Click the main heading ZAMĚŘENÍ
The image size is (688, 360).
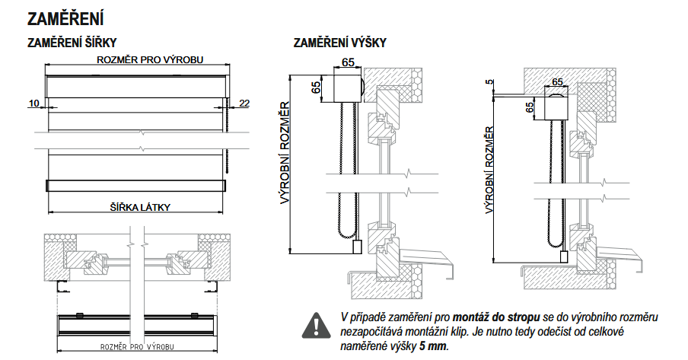pyautogui.click(x=65, y=18)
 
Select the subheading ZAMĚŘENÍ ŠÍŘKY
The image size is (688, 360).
pyautogui.click(x=72, y=43)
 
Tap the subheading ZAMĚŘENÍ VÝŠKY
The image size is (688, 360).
pyautogui.click(x=339, y=43)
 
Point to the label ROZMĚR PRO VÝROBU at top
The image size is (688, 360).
pyautogui.click(x=139, y=61)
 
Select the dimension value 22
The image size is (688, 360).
pyautogui.click(x=244, y=103)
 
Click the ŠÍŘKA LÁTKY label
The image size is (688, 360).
pyautogui.click(x=139, y=206)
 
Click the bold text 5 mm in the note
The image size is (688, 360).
pyautogui.click(x=433, y=346)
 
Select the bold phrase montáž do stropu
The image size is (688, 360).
pyautogui.click(x=496, y=316)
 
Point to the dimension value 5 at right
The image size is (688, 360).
pyautogui.click(x=488, y=83)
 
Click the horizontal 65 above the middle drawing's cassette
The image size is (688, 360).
pyautogui.click(x=348, y=63)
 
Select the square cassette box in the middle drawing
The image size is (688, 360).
pyautogui.click(x=343, y=88)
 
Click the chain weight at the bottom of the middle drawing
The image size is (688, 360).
pyautogui.click(x=357, y=247)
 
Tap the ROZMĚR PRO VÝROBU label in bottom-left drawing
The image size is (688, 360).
pyautogui.click(x=138, y=347)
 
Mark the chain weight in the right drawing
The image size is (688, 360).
pyautogui.click(x=564, y=257)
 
